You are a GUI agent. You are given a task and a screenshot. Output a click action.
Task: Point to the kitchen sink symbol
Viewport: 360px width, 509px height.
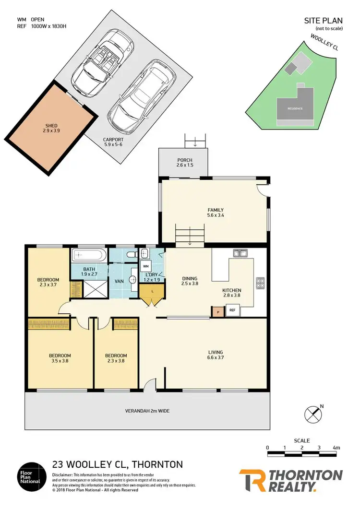[240, 253]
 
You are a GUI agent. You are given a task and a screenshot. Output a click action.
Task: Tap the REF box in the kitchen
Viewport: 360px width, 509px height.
[233, 310]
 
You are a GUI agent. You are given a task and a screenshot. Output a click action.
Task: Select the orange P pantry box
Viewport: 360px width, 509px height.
[218, 311]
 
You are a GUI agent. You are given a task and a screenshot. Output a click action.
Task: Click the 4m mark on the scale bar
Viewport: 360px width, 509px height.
[336, 448]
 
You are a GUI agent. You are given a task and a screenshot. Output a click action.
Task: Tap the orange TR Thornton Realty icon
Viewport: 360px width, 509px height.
[252, 480]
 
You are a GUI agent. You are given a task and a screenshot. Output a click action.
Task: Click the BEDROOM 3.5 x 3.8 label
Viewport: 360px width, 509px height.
[60, 358]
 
